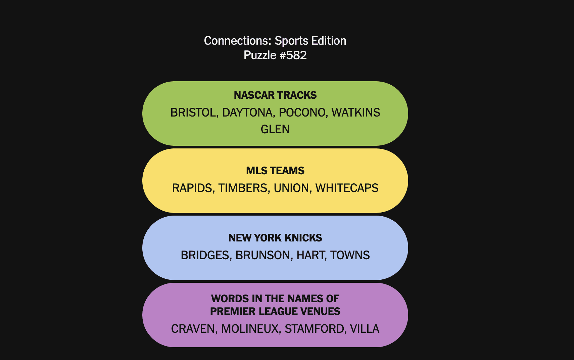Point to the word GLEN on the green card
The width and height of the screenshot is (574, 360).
pyautogui.click(x=275, y=129)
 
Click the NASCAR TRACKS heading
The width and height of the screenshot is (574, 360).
pyautogui.click(x=275, y=95)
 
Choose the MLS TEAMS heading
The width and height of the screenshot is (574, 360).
pyautogui.click(x=275, y=171)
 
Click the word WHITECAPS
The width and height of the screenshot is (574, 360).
pyautogui.click(x=347, y=188)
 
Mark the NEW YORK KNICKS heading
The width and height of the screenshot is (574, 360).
pyautogui.click(x=275, y=238)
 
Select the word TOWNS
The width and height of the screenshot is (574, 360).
pyautogui.click(x=350, y=255)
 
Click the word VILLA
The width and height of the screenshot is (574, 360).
pyautogui.click(x=365, y=329)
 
